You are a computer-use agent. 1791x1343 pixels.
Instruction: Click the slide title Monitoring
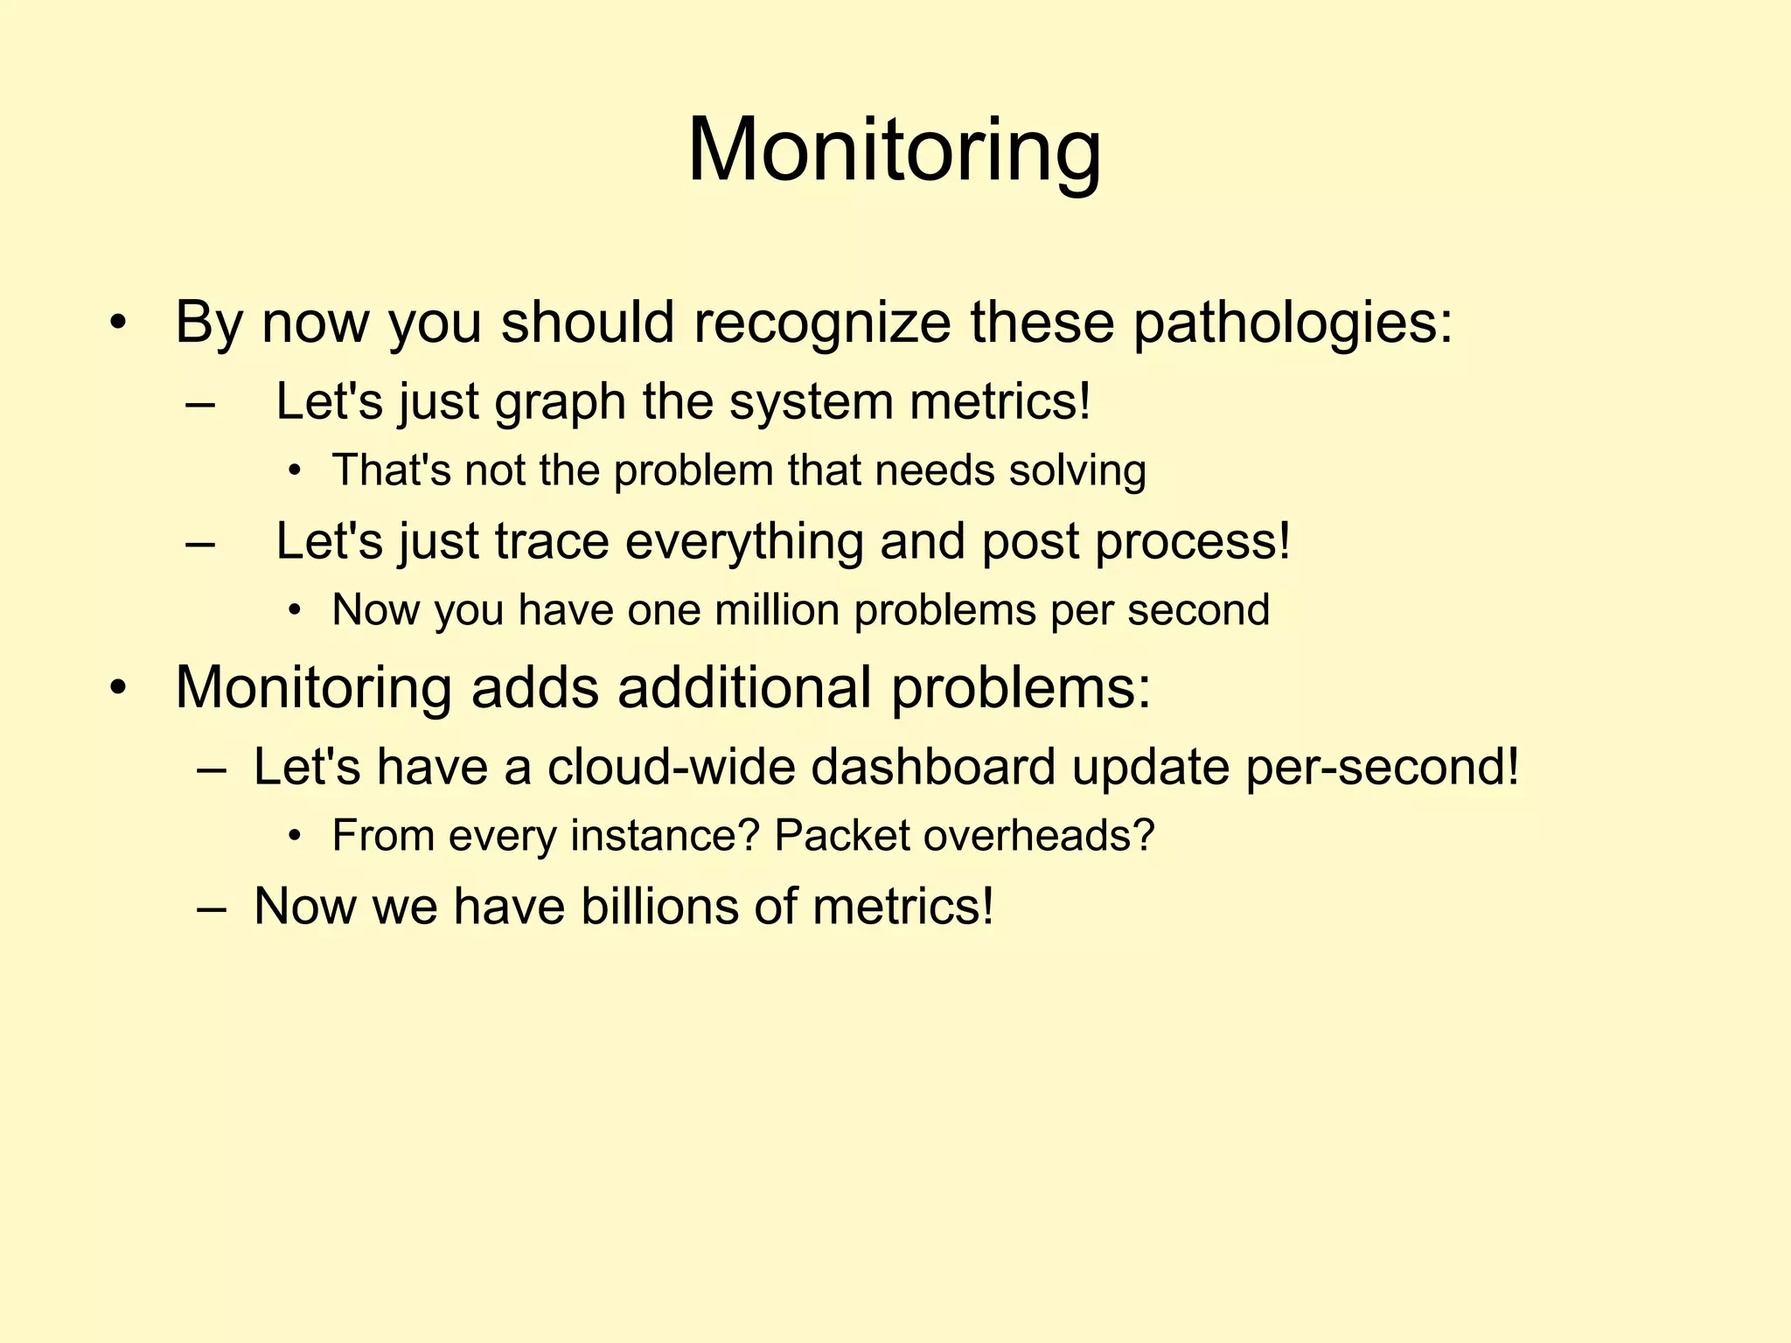click(x=894, y=150)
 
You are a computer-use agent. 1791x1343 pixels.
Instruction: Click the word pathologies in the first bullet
click(x=1293, y=324)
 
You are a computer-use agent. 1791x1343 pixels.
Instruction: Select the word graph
click(x=560, y=404)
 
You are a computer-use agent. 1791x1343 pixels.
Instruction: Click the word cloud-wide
click(x=671, y=767)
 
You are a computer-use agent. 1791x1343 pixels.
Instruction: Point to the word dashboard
click(x=933, y=767)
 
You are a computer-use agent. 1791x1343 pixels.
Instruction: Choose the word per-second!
click(x=1382, y=767)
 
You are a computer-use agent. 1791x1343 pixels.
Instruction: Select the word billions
click(x=659, y=907)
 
